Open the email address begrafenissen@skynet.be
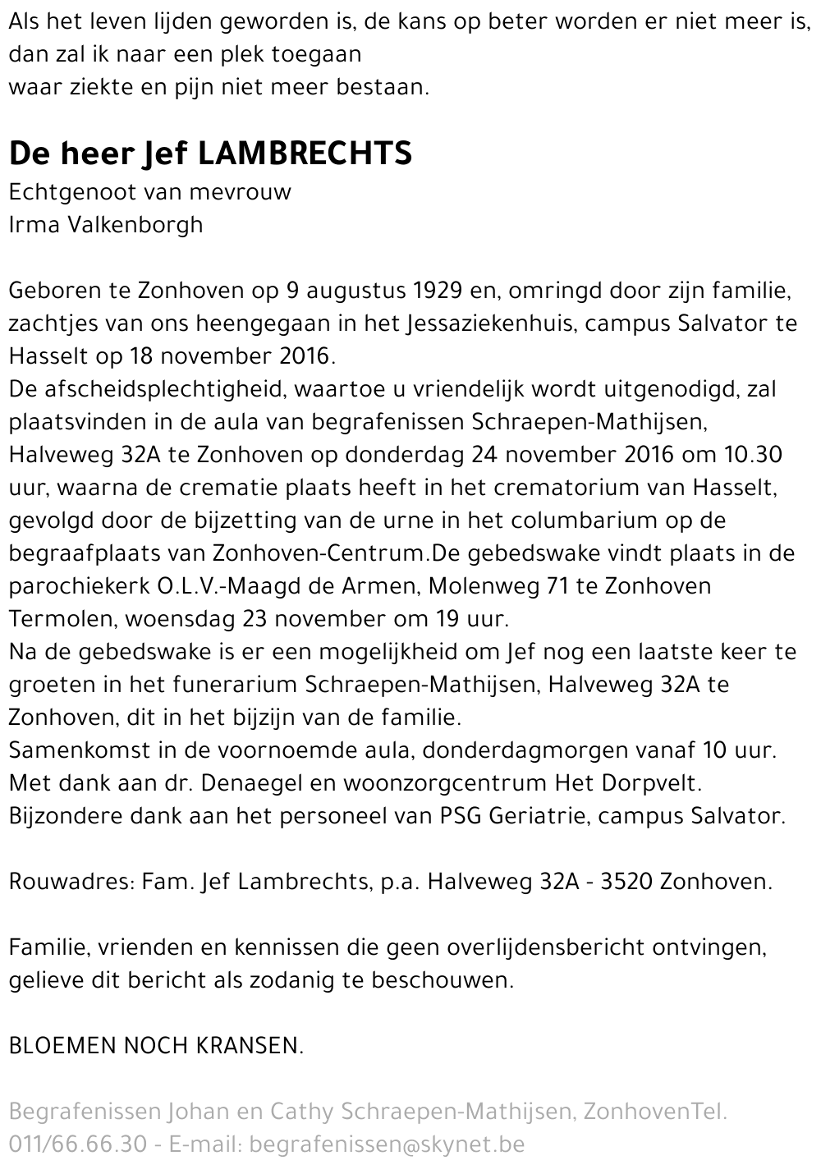click(387, 1144)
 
